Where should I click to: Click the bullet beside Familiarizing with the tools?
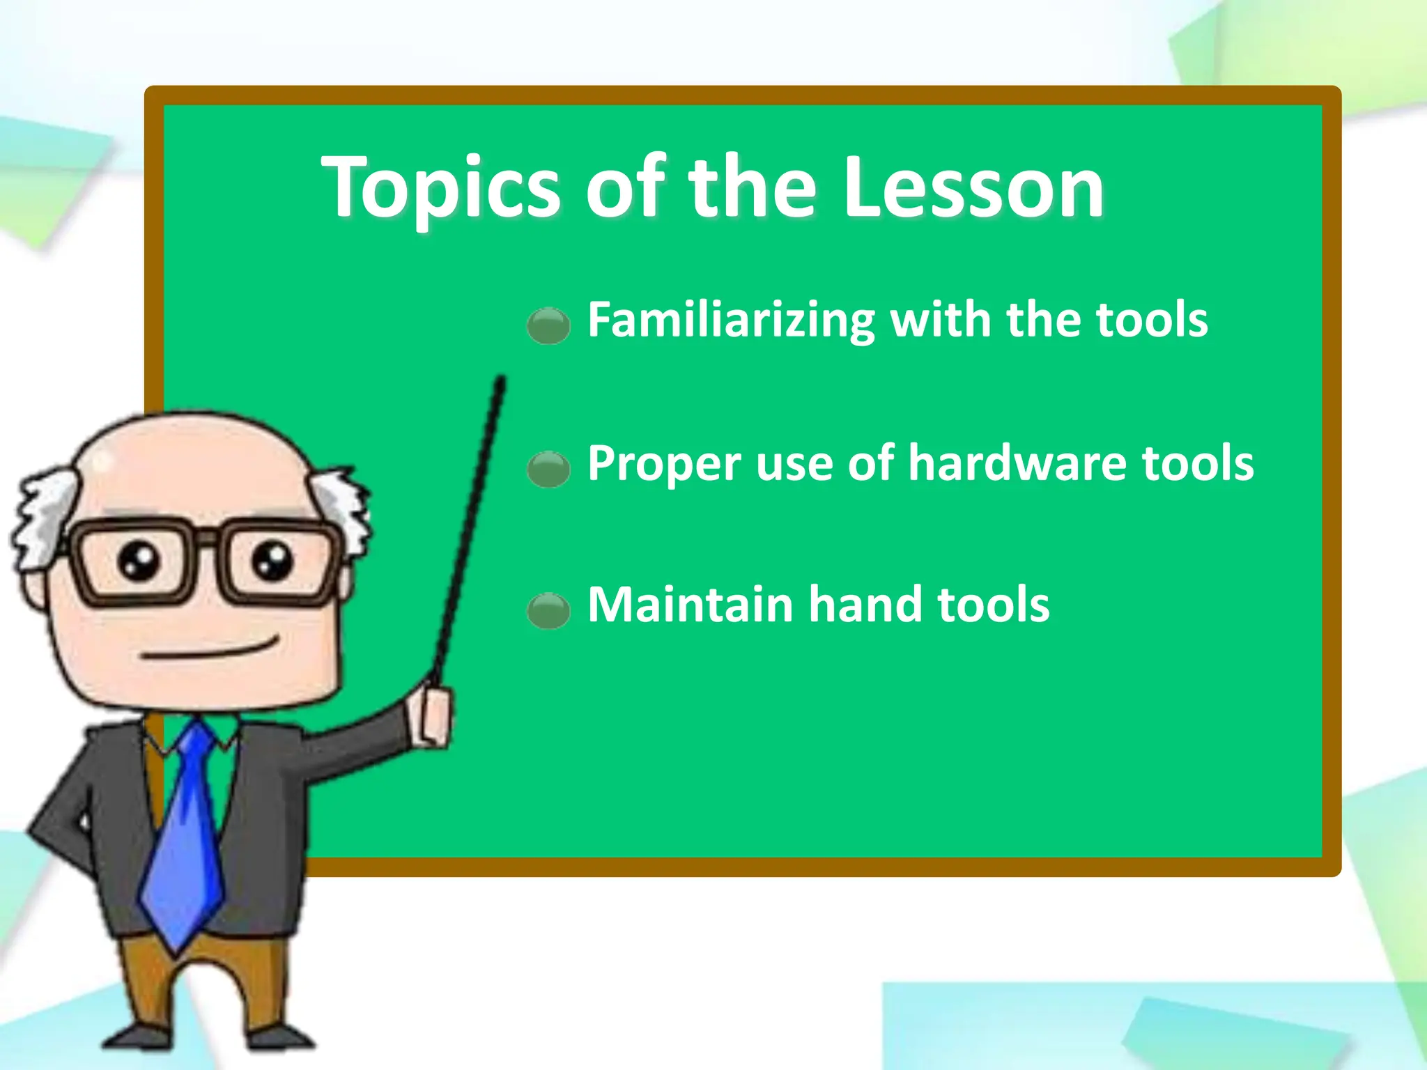click(x=548, y=325)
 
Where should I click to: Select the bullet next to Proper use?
click(x=548, y=468)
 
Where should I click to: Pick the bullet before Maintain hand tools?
click(x=548, y=610)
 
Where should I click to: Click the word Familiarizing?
click(x=731, y=320)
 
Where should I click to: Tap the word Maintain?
click(x=691, y=605)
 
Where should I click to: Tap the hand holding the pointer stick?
click(x=433, y=714)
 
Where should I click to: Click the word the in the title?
click(x=753, y=187)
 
